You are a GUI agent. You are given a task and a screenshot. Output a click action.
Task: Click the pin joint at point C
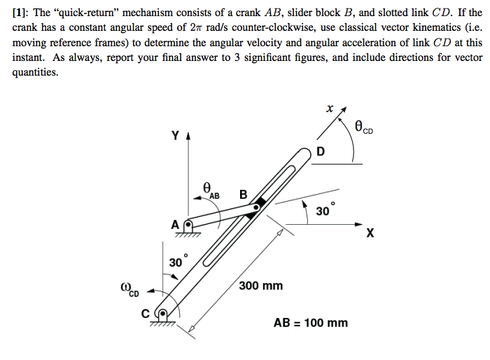tap(165, 314)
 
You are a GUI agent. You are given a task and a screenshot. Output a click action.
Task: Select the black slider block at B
tap(259, 204)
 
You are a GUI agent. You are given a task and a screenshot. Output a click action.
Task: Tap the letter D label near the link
tap(320, 152)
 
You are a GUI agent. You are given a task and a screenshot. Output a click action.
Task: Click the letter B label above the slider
tap(243, 194)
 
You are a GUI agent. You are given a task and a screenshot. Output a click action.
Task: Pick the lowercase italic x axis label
tap(329, 109)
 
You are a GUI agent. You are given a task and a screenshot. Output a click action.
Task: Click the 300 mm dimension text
tap(260, 286)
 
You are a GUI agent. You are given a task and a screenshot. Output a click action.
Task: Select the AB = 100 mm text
tap(310, 323)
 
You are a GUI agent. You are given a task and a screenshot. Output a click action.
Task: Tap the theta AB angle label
tap(209, 190)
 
